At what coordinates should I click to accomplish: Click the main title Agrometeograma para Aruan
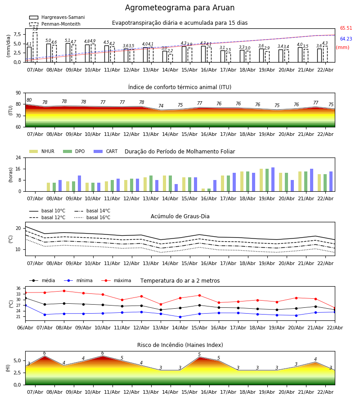[x=180, y=8]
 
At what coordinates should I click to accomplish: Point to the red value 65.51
[x=346, y=28]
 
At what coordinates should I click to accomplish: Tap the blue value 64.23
[x=346, y=39]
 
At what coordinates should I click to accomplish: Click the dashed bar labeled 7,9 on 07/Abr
[x=35, y=47]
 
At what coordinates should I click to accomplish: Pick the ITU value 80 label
[x=29, y=100]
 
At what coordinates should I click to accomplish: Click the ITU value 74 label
[x=161, y=106]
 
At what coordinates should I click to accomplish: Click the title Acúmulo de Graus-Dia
[x=180, y=216]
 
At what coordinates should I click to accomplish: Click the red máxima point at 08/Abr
[x=64, y=291]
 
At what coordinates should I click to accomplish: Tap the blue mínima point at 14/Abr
[x=180, y=317]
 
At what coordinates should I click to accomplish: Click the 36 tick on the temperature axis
[x=18, y=288]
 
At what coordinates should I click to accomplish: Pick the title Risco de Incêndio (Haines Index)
[x=180, y=345]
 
